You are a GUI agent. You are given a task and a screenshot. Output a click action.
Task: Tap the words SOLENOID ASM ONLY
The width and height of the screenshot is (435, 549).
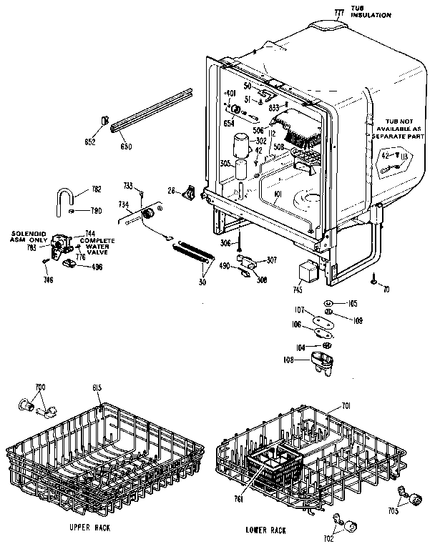pos(28,238)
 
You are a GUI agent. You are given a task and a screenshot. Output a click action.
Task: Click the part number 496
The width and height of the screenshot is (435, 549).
pos(93,267)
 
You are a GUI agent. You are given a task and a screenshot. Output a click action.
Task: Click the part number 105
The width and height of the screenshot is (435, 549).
pos(351,303)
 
